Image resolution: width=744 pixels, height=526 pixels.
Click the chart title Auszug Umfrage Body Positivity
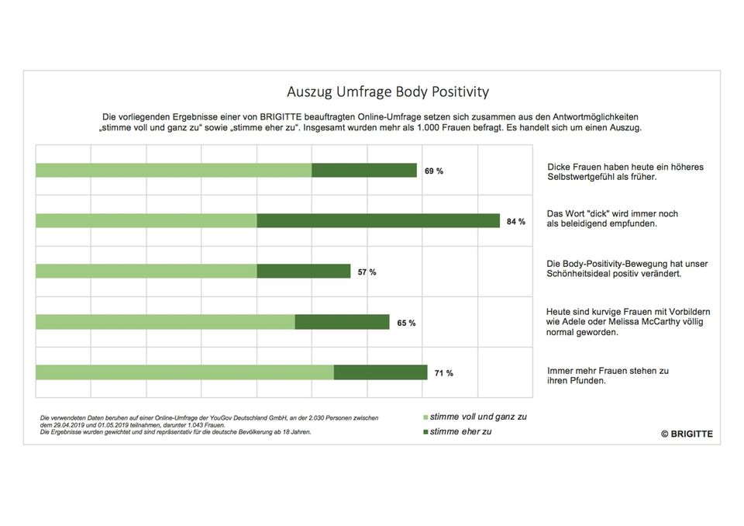tap(387, 92)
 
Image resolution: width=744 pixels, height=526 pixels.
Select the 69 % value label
tap(433, 171)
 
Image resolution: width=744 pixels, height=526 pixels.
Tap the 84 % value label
tap(515, 221)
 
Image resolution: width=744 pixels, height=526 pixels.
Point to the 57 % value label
tap(367, 272)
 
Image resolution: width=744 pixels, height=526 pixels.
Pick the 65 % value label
tap(406, 323)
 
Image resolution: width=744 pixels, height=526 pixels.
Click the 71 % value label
tap(444, 373)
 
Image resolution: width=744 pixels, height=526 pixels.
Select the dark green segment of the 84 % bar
tap(378, 221)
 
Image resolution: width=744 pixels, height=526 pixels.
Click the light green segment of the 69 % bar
tap(174, 171)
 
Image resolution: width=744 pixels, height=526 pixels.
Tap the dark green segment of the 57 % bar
tap(303, 272)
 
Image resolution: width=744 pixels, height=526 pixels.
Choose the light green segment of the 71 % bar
tap(184, 372)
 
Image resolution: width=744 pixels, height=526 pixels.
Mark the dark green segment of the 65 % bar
tap(342, 322)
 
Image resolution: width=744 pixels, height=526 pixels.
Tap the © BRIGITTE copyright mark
tap(686, 434)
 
